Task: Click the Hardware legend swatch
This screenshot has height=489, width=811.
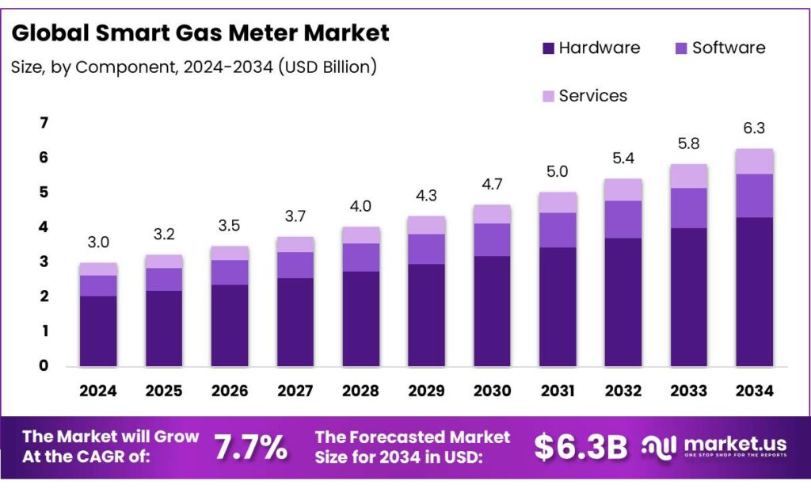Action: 548,48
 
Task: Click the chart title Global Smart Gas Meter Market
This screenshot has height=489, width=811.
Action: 200,32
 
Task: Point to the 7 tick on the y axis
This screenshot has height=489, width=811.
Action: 44,123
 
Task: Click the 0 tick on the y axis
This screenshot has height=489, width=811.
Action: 44,365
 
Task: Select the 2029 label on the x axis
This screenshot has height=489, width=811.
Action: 427,391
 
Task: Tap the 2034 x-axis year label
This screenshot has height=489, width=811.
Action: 754,391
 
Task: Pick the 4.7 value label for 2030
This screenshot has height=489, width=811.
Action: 492,185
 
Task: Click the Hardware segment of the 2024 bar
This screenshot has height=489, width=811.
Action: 98,331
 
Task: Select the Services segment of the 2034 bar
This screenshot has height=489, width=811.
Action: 754,161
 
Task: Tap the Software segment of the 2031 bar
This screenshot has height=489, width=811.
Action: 558,230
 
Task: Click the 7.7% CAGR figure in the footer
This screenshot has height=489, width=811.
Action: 250,448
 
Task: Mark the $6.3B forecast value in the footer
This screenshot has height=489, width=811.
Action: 581,448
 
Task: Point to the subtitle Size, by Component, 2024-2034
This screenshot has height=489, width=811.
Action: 193,67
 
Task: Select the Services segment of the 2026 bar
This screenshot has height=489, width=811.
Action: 230,253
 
